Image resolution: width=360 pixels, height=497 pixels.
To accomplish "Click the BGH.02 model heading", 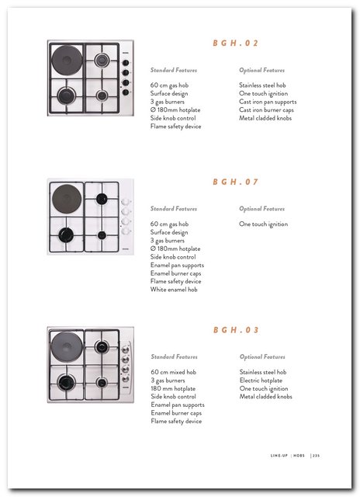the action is tap(236, 43).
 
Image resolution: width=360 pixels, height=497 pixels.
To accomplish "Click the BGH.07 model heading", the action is tap(236, 182).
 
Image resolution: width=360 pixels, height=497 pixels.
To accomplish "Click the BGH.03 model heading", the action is tap(236, 330).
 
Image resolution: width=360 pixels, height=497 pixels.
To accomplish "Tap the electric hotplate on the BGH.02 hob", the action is tap(67, 61).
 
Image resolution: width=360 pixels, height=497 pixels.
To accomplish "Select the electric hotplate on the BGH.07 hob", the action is tap(67, 199).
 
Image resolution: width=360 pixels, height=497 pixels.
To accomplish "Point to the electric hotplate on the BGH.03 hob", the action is tap(67, 347).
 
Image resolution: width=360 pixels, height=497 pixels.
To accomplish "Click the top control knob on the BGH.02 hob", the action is tap(126, 63).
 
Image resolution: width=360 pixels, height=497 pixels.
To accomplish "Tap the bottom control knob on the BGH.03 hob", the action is tap(126, 378).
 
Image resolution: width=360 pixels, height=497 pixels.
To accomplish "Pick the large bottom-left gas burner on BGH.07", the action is tap(66, 235).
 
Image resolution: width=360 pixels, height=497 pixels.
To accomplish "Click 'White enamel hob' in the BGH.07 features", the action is tap(174, 290).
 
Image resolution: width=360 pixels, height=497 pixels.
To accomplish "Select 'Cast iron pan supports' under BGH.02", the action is tap(268, 102).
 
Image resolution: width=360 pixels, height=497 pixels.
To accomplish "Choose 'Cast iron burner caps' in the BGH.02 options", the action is tap(266, 110).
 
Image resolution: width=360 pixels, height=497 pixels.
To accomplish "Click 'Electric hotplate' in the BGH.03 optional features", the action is tap(261, 381).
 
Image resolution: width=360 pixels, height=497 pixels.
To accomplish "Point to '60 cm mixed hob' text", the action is tap(174, 372).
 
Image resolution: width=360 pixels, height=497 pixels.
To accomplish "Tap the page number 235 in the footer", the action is tap(316, 456).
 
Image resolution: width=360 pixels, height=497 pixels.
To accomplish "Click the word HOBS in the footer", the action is tap(299, 456).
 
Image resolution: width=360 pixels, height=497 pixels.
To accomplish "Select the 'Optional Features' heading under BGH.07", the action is tap(261, 209).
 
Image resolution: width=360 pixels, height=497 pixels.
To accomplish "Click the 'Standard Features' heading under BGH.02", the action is tap(174, 70).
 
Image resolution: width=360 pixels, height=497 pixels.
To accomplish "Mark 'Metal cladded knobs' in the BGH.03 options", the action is tap(265, 397).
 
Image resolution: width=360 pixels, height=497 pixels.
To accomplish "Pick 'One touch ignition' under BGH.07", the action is tap(264, 224).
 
